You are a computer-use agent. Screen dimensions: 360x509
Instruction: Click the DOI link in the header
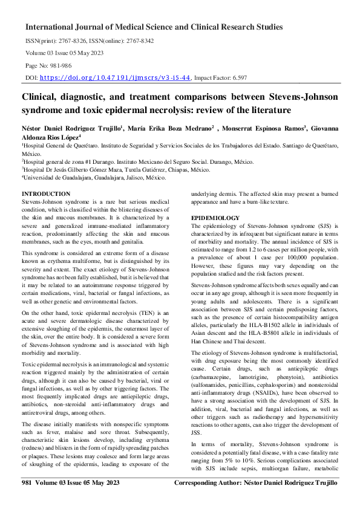click(117, 78)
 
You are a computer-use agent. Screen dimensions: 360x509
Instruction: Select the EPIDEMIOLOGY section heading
click(216, 217)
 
